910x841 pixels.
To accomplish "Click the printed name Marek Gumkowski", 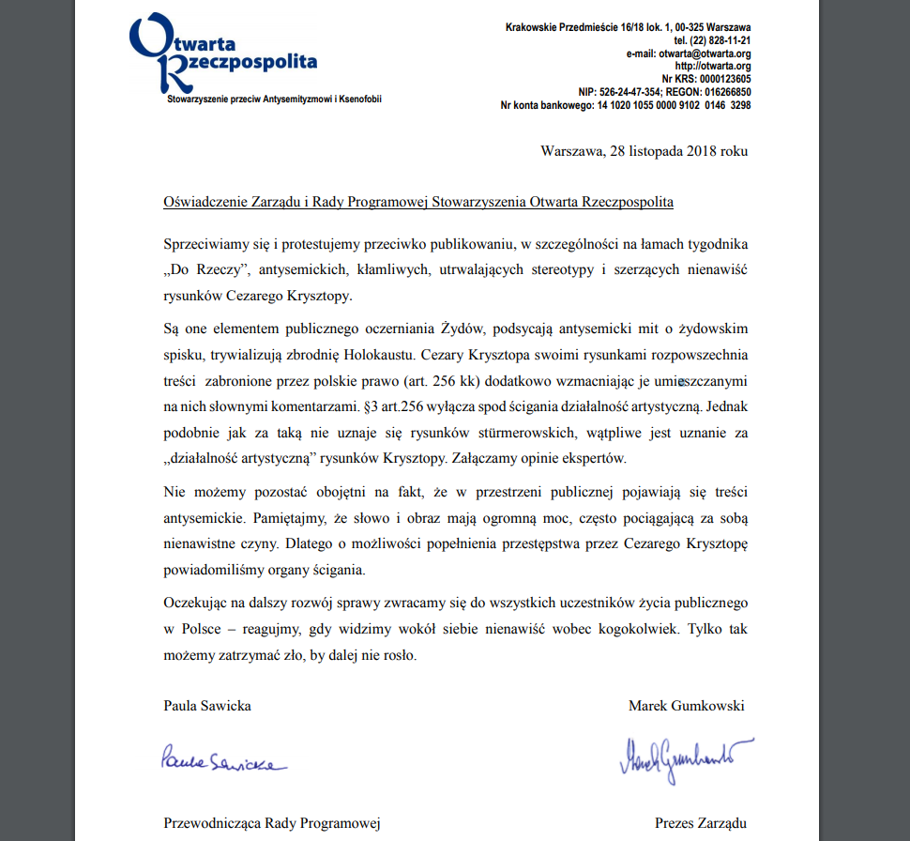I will tap(686, 706).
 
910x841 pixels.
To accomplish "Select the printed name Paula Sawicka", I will tap(207, 706).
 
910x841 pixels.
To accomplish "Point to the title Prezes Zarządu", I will tap(701, 823).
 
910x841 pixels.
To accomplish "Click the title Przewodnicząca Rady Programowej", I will tap(272, 823).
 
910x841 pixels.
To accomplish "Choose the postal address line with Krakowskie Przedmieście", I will tap(628, 27).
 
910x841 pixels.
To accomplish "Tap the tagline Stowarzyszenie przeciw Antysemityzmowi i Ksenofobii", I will tap(274, 99).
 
